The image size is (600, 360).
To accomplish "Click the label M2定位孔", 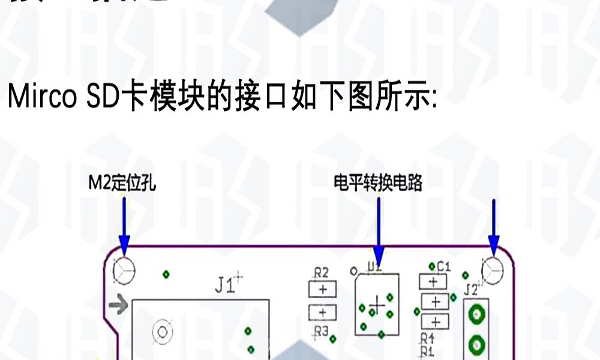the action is [x=122, y=183].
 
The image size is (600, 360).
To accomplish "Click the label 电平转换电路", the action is [x=377, y=183].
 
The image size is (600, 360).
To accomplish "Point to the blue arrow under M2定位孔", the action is [x=124, y=225].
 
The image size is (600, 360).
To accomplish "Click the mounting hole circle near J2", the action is [x=493, y=269].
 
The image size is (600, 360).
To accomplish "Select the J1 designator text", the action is [x=226, y=286].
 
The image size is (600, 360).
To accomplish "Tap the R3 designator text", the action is [x=322, y=331].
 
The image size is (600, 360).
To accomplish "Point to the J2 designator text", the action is [x=471, y=290].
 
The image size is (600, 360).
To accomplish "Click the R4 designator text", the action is [x=427, y=338].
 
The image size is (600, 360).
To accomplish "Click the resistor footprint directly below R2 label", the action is [x=323, y=289].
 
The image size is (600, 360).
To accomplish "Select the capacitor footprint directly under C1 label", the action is [x=434, y=281].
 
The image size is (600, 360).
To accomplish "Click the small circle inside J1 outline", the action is [x=161, y=331].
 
